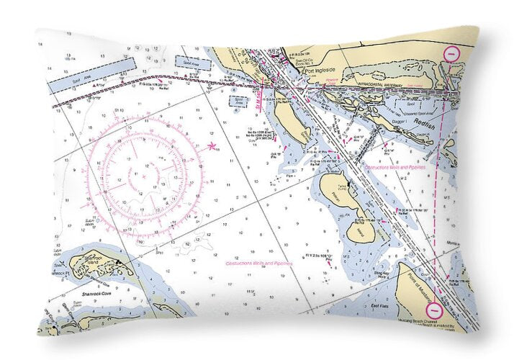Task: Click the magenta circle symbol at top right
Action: [451, 53]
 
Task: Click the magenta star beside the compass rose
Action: [212, 147]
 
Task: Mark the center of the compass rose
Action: [144, 175]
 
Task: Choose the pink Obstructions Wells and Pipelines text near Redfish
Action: [396, 167]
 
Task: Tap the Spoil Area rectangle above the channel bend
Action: [192, 63]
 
